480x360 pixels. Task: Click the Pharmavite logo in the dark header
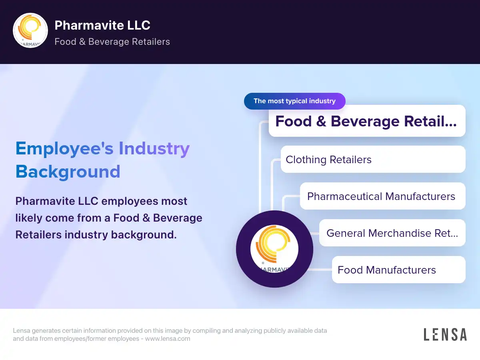click(30, 30)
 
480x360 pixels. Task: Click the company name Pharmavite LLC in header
click(102, 25)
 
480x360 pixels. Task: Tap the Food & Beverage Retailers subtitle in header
click(112, 42)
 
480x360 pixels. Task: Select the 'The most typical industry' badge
click(294, 101)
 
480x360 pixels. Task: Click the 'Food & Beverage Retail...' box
click(367, 121)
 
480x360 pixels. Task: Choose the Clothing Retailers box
click(373, 159)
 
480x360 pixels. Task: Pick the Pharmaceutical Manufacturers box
click(382, 196)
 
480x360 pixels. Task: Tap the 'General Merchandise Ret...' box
click(392, 233)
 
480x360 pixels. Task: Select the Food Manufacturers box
click(398, 270)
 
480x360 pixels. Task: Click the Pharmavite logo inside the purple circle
click(274, 249)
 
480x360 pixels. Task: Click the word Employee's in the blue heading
click(64, 149)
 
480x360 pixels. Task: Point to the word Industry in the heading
click(154, 149)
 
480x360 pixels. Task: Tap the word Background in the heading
click(68, 172)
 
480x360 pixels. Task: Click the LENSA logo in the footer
click(445, 334)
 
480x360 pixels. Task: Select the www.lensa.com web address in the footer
click(168, 338)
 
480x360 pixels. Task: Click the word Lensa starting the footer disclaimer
click(22, 330)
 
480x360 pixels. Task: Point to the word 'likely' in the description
click(29, 218)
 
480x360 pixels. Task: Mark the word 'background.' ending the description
click(144, 235)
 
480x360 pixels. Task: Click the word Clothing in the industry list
click(306, 160)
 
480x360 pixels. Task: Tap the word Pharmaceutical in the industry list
click(345, 196)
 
